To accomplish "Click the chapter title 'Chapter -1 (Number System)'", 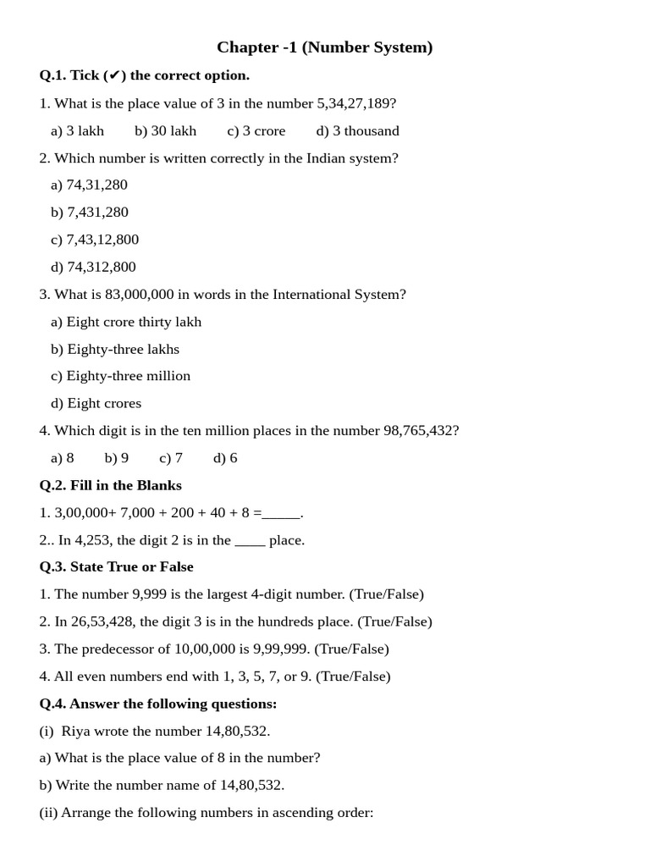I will (324, 47).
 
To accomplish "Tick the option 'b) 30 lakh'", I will (165, 130).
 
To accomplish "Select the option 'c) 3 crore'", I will (256, 130).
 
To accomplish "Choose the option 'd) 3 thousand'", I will (357, 130).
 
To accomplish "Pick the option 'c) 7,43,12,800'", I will (95, 240).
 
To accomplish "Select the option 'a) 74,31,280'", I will (89, 185).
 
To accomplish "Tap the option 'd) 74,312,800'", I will (93, 267).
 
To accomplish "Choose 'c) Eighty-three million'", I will (120, 376).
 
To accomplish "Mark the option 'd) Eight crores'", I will (96, 403).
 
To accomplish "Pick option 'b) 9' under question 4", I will (117, 458).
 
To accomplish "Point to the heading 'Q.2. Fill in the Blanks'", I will (110, 485).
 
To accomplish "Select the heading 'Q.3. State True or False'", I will (116, 566).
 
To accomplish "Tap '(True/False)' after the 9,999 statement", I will (386, 594).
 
